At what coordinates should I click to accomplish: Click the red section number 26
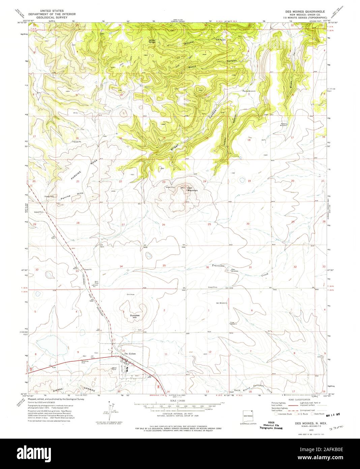click(163, 224)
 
